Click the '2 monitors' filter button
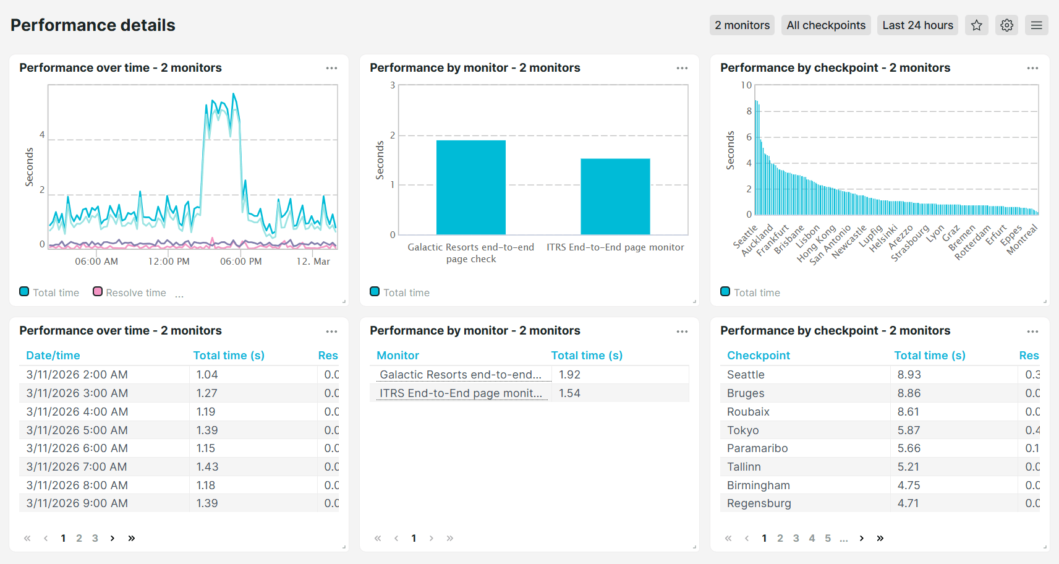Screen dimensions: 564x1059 742,25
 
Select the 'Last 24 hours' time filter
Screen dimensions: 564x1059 917,25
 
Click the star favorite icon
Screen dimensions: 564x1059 977,25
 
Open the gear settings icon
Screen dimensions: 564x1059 1007,25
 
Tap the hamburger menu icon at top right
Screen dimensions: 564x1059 1037,25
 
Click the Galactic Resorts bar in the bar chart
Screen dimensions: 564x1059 470,187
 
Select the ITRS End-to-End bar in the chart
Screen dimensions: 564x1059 615,197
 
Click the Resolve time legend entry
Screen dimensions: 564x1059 135,293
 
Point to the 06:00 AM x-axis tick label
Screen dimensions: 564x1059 96,262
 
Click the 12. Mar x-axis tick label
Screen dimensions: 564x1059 313,262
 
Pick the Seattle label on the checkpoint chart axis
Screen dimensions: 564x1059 745,237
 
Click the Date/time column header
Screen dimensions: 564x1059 53,356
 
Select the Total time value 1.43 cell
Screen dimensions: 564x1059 207,467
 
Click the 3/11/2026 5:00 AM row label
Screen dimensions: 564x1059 77,430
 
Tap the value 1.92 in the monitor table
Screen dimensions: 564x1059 569,375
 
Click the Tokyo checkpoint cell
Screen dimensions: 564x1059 743,430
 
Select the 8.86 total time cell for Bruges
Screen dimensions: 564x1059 909,393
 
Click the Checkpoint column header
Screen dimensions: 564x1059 759,356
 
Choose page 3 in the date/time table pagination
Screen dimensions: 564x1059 95,538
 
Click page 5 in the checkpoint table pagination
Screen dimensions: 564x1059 828,538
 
